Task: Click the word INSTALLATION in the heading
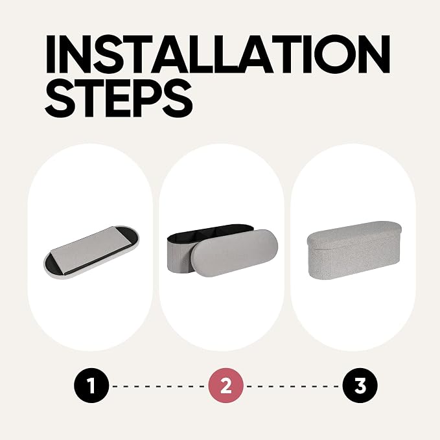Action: point(218,54)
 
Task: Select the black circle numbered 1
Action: point(91,386)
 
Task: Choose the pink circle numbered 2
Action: point(226,386)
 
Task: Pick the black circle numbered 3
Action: point(360,386)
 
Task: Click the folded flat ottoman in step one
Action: point(91,251)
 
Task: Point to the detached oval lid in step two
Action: point(235,253)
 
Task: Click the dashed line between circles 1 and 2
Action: point(159,386)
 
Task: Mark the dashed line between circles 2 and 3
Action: point(293,386)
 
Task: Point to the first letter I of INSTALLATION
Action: point(51,54)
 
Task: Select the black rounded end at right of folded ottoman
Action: point(128,237)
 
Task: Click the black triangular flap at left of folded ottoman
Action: point(56,262)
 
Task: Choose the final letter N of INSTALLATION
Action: point(372,54)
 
